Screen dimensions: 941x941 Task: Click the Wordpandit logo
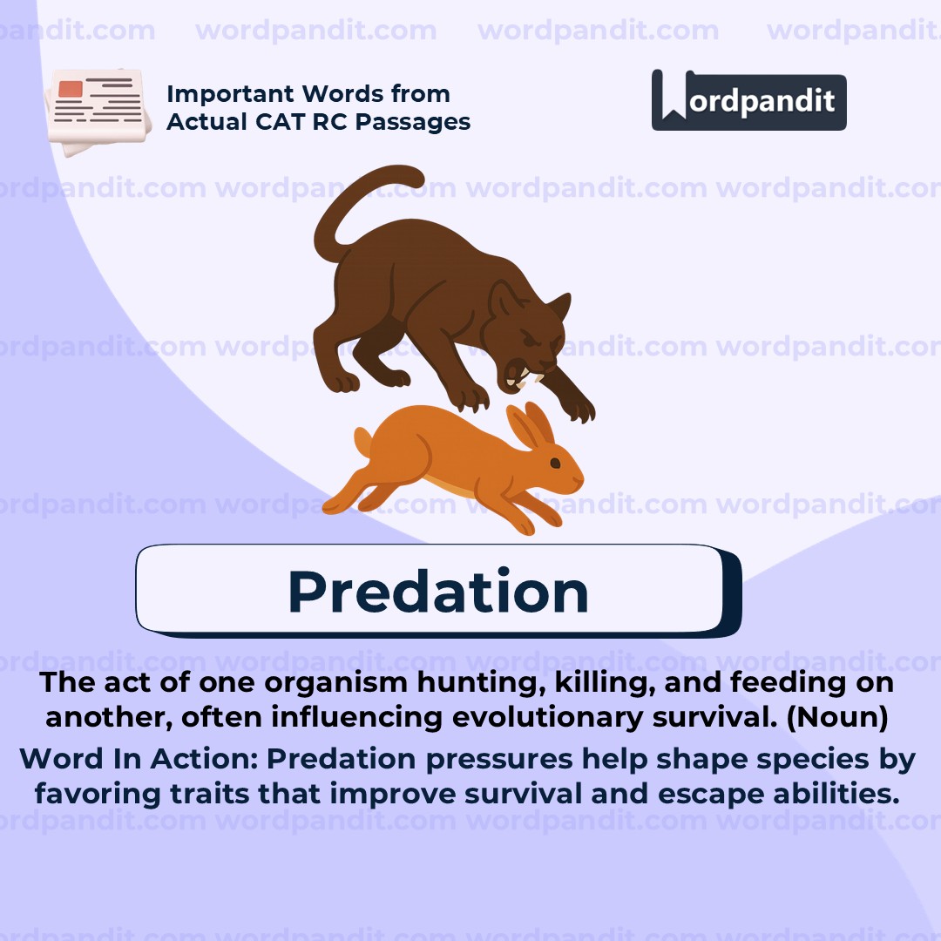point(748,100)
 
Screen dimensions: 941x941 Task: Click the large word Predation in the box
point(438,592)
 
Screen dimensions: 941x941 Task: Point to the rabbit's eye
point(555,463)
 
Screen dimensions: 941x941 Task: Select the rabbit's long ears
point(531,425)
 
